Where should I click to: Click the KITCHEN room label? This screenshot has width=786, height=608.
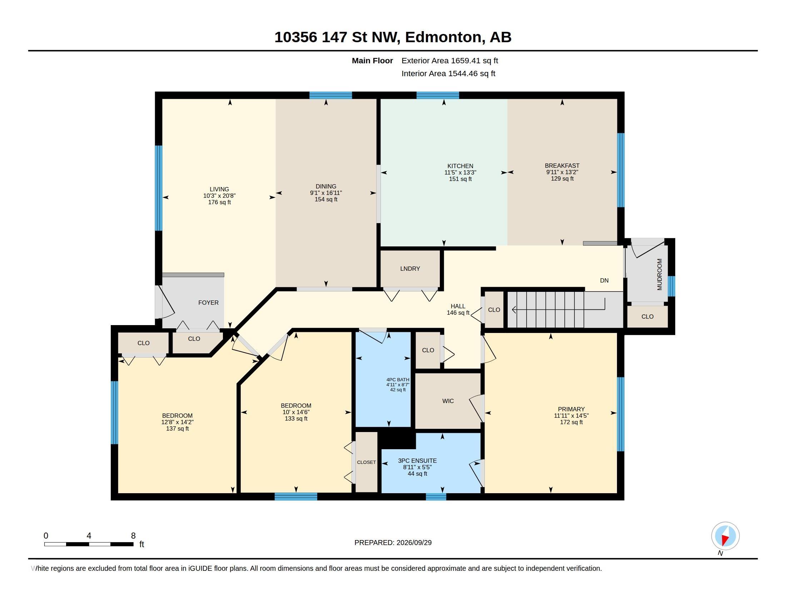[460, 166]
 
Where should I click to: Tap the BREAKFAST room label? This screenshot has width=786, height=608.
[562, 166]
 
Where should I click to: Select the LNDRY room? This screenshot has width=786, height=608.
[410, 269]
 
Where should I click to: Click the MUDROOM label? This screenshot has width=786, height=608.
[659, 274]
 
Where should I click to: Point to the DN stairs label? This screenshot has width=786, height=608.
[604, 280]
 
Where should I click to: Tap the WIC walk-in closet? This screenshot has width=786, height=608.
[448, 401]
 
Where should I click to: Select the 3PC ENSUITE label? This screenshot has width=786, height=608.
[417, 461]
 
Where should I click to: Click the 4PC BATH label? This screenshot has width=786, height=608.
[398, 379]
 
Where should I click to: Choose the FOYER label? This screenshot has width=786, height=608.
[208, 303]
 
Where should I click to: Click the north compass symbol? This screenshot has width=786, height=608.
[725, 536]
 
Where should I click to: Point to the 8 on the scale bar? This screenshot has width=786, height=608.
[133, 536]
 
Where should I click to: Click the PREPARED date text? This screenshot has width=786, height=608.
[393, 543]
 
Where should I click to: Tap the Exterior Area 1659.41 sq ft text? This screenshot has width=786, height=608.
[450, 60]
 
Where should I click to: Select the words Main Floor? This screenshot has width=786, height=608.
[372, 60]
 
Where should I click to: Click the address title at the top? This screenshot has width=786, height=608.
[393, 37]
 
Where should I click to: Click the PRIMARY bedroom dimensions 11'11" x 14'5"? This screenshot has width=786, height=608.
[571, 416]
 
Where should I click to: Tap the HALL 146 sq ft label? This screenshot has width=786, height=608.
[458, 309]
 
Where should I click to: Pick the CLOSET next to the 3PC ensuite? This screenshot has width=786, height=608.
[366, 462]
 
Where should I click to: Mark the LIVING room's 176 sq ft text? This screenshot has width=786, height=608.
[219, 202]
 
